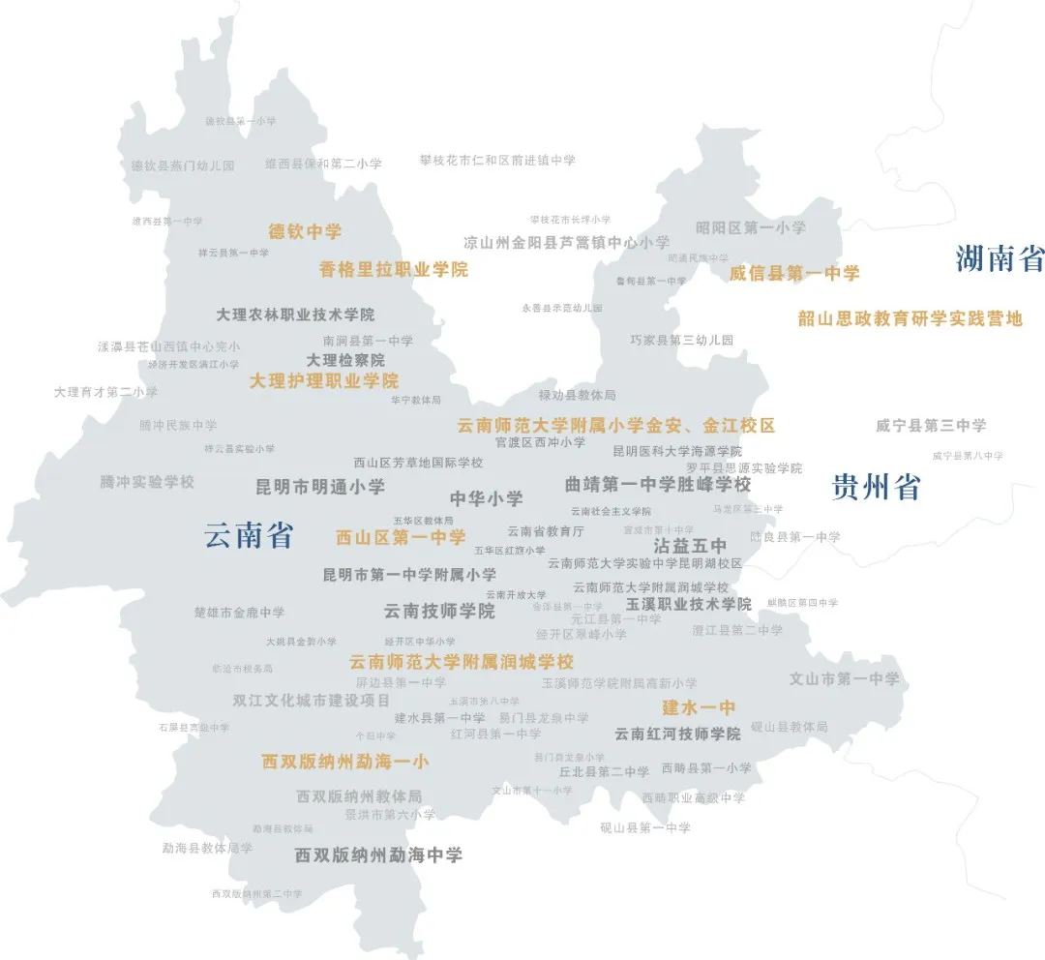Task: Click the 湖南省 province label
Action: click(1000, 259)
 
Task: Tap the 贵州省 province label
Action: click(876, 487)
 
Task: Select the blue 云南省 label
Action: click(249, 535)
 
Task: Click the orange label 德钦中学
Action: click(305, 232)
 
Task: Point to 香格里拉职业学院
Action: click(394, 270)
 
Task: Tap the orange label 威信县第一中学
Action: click(794, 274)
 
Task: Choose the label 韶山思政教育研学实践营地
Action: click(910, 318)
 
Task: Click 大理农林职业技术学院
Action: click(295, 315)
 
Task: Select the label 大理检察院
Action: click(345, 360)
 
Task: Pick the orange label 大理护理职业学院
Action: click(324, 381)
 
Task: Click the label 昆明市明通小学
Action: click(319, 487)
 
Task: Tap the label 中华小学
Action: click(486, 499)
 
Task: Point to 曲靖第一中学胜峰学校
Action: click(658, 484)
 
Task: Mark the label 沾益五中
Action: click(690, 546)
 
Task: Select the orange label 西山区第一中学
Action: click(401, 537)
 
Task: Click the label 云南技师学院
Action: click(439, 612)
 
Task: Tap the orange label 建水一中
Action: click(699, 707)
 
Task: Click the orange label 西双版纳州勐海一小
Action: click(344, 762)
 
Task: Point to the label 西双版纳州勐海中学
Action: click(378, 855)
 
